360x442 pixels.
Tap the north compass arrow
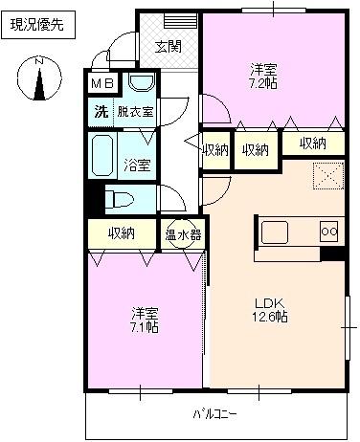[x=39, y=80]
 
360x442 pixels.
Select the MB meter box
[x=101, y=84]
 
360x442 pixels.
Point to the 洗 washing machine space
[x=101, y=111]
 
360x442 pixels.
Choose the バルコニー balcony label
[x=214, y=414]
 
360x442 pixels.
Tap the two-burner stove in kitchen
[x=328, y=231]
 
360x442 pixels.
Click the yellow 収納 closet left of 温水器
[x=122, y=232]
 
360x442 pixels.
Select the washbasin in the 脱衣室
[x=142, y=84]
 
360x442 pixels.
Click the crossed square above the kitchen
[x=328, y=176]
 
